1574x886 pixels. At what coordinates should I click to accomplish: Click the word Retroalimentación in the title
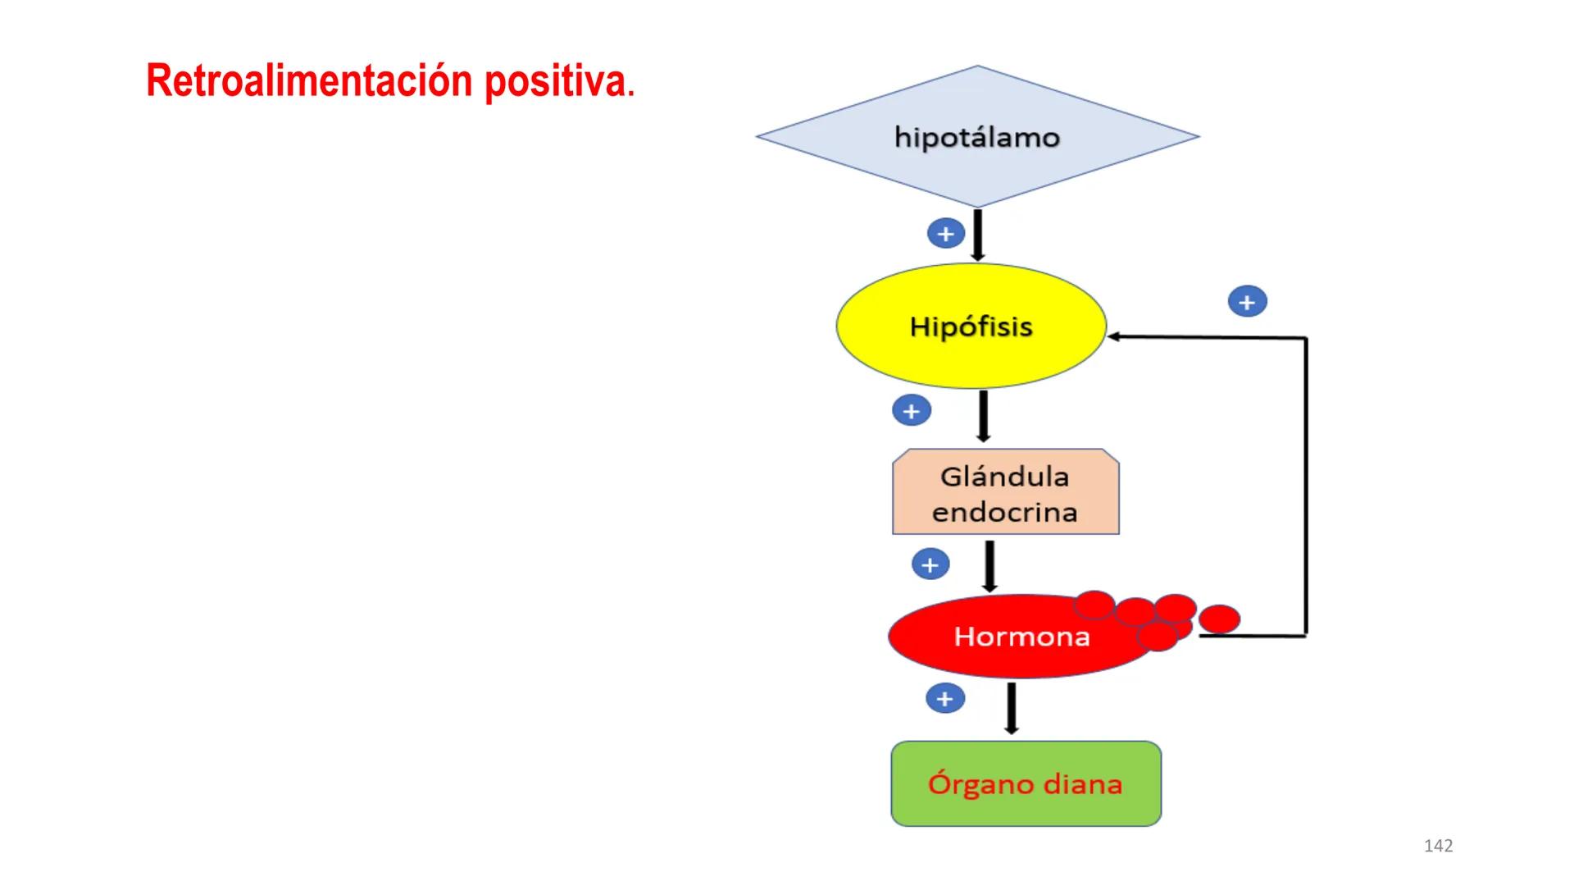pyautogui.click(x=309, y=82)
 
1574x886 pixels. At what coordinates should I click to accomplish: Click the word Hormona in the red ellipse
pyautogui.click(x=1021, y=637)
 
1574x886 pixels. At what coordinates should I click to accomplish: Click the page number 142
pyautogui.click(x=1439, y=846)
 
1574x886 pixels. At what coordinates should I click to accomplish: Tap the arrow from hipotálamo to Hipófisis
pyautogui.click(x=977, y=235)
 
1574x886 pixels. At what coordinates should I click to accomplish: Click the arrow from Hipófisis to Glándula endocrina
pyautogui.click(x=984, y=416)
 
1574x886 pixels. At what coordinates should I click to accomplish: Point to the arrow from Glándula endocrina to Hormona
pyautogui.click(x=989, y=565)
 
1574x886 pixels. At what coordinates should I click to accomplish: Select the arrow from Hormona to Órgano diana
pyautogui.click(x=1012, y=707)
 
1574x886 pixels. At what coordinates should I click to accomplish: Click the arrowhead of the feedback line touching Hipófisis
pyautogui.click(x=1113, y=336)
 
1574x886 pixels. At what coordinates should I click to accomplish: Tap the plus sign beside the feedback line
pyautogui.click(x=1247, y=302)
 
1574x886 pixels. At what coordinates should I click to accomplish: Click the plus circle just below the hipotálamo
pyautogui.click(x=945, y=234)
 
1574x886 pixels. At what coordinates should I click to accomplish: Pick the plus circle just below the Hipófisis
pyautogui.click(x=912, y=411)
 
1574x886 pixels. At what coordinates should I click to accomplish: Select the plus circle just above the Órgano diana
pyautogui.click(x=945, y=699)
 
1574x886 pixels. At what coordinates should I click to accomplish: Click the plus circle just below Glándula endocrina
pyautogui.click(x=930, y=564)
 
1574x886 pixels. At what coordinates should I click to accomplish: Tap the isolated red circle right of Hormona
pyautogui.click(x=1220, y=619)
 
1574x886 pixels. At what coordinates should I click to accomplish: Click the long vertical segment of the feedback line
pyautogui.click(x=1306, y=484)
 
